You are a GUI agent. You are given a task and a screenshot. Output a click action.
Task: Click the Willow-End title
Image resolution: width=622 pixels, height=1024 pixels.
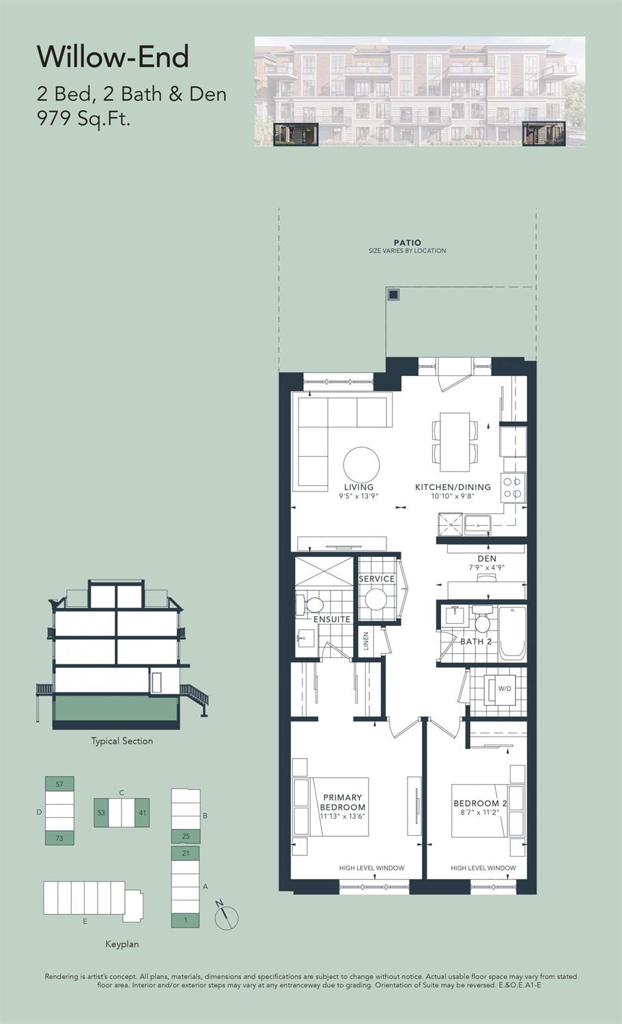pos(113,57)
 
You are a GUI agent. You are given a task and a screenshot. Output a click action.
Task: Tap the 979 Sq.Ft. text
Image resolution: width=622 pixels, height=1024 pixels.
pos(84,119)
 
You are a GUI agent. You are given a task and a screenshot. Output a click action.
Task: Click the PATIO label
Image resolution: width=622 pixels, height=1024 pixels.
pos(408,242)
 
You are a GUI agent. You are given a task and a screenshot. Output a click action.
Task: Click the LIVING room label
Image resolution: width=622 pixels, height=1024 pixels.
pos(358,487)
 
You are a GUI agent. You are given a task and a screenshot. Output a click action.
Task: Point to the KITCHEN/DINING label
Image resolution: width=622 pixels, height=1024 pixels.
pos(453,487)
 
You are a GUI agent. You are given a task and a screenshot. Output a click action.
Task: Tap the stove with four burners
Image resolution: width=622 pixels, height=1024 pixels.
pos(513,488)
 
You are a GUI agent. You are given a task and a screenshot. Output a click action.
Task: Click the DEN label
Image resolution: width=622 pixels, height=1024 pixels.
pos(487,558)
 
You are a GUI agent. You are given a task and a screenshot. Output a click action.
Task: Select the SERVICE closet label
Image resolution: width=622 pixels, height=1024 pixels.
pos(376,579)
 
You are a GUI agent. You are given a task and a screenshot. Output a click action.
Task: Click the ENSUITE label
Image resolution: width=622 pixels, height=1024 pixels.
pos(332,619)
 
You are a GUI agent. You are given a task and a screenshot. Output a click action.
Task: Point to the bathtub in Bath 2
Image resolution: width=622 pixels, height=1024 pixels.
pos(512,633)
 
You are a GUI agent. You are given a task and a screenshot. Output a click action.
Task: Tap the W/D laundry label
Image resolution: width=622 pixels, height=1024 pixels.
pos(505,688)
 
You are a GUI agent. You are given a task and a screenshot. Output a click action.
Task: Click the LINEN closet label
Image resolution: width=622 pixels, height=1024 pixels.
pos(366,641)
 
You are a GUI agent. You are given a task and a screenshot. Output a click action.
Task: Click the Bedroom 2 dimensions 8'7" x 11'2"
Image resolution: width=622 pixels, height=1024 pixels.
pos(480,812)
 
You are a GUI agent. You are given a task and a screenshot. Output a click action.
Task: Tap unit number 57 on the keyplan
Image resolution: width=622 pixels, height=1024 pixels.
pos(59,784)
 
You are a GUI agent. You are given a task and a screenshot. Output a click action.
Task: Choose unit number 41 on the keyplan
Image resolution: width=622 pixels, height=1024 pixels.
pos(142,812)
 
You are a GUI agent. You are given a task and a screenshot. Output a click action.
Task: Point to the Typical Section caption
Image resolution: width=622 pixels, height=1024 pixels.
pos(122,741)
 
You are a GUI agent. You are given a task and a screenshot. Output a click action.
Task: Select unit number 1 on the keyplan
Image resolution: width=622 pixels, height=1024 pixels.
pos(186,920)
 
